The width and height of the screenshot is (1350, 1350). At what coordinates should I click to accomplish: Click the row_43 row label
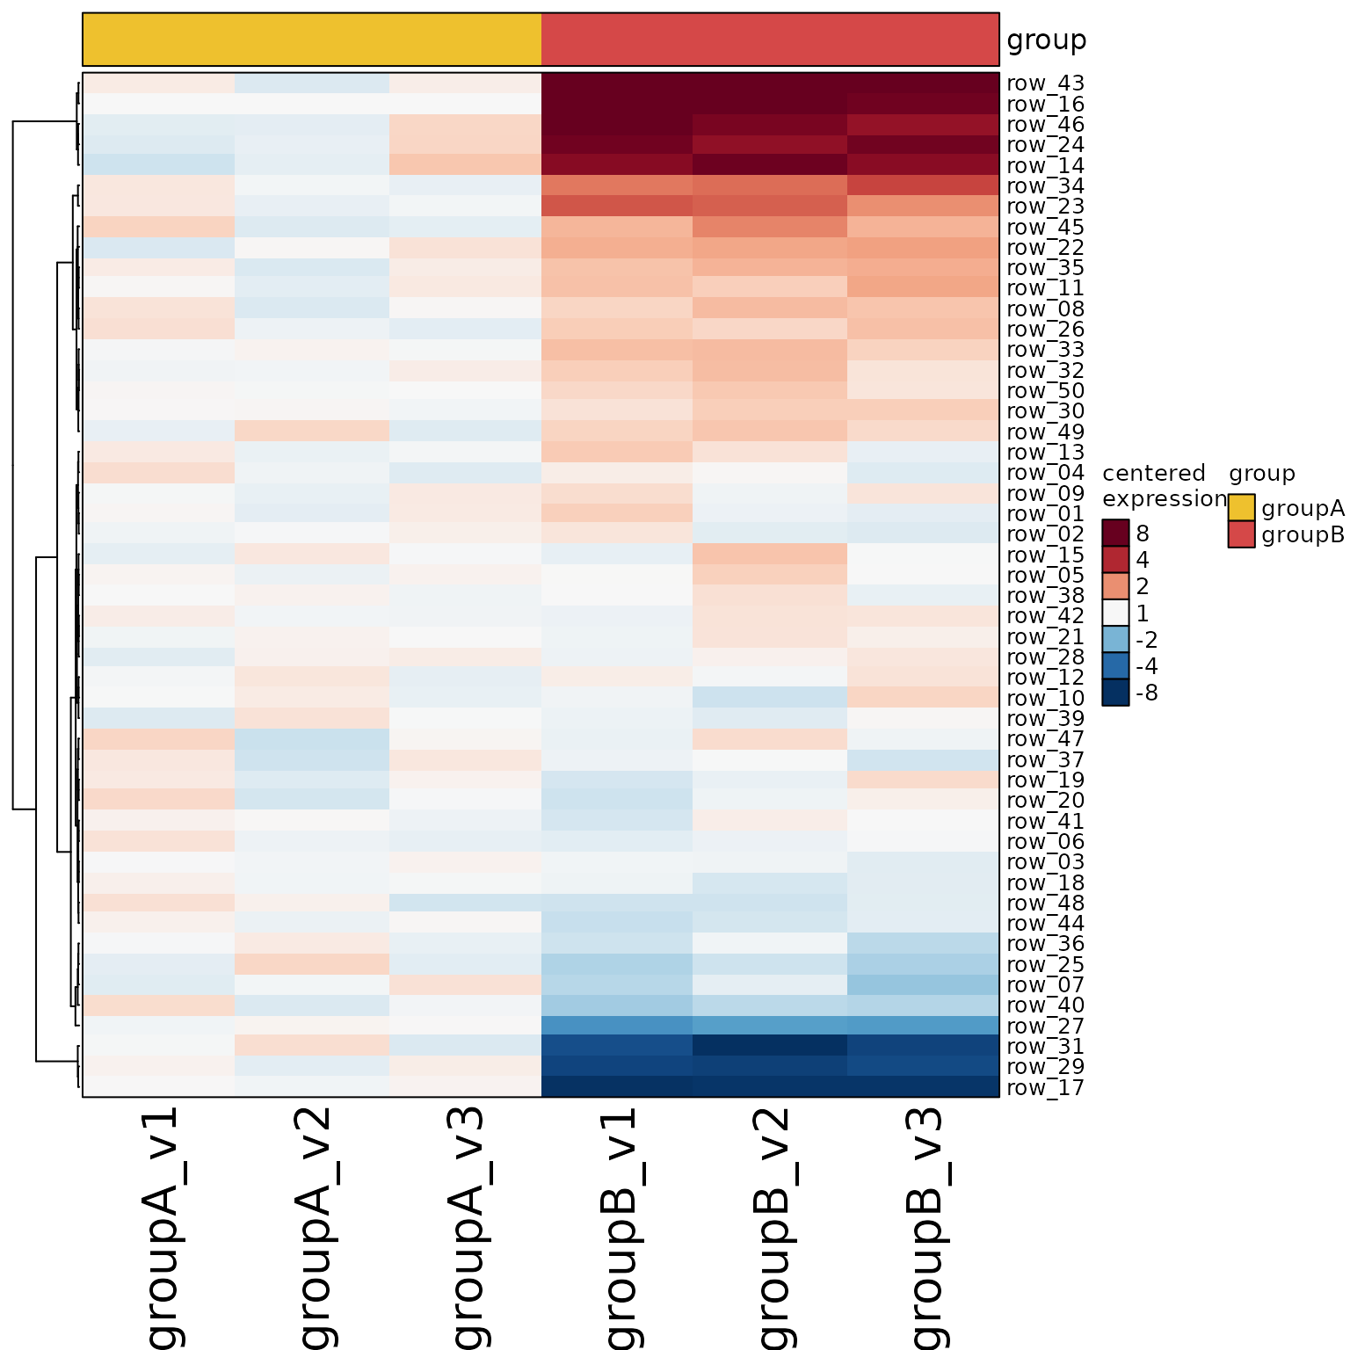pos(1046,83)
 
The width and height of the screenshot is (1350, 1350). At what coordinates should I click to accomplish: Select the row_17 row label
pos(1046,1088)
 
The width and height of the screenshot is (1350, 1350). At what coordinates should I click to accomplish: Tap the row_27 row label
pos(1046,1027)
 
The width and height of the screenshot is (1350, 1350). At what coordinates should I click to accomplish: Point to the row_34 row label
pos(1046,185)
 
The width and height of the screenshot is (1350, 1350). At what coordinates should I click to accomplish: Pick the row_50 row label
pos(1046,391)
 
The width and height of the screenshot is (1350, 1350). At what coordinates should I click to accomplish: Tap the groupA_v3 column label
pos(465,1228)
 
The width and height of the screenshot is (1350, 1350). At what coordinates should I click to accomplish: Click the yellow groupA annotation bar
pos(312,40)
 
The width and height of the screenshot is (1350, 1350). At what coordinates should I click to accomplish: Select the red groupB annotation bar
pos(770,40)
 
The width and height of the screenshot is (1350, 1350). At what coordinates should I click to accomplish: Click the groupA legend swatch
pos(1241,508)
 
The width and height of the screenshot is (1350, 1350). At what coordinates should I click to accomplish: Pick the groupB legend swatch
pos(1241,534)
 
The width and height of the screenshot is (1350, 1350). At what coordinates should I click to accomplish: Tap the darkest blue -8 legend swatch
pos(1115,693)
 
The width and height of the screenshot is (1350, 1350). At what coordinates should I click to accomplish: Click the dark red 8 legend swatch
pos(1115,533)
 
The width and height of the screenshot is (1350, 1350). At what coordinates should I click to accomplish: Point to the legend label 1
pos(1143,613)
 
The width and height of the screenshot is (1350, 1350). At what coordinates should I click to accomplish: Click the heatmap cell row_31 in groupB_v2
pos(770,1046)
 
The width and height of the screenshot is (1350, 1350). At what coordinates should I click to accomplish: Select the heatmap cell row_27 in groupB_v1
pos(617,1026)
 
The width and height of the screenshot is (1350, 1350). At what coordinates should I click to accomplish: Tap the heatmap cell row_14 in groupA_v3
pos(465,164)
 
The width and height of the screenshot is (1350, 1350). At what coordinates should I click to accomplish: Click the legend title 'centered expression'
pos(1165,486)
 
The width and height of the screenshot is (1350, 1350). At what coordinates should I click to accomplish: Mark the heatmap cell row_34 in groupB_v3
pos(923,185)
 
